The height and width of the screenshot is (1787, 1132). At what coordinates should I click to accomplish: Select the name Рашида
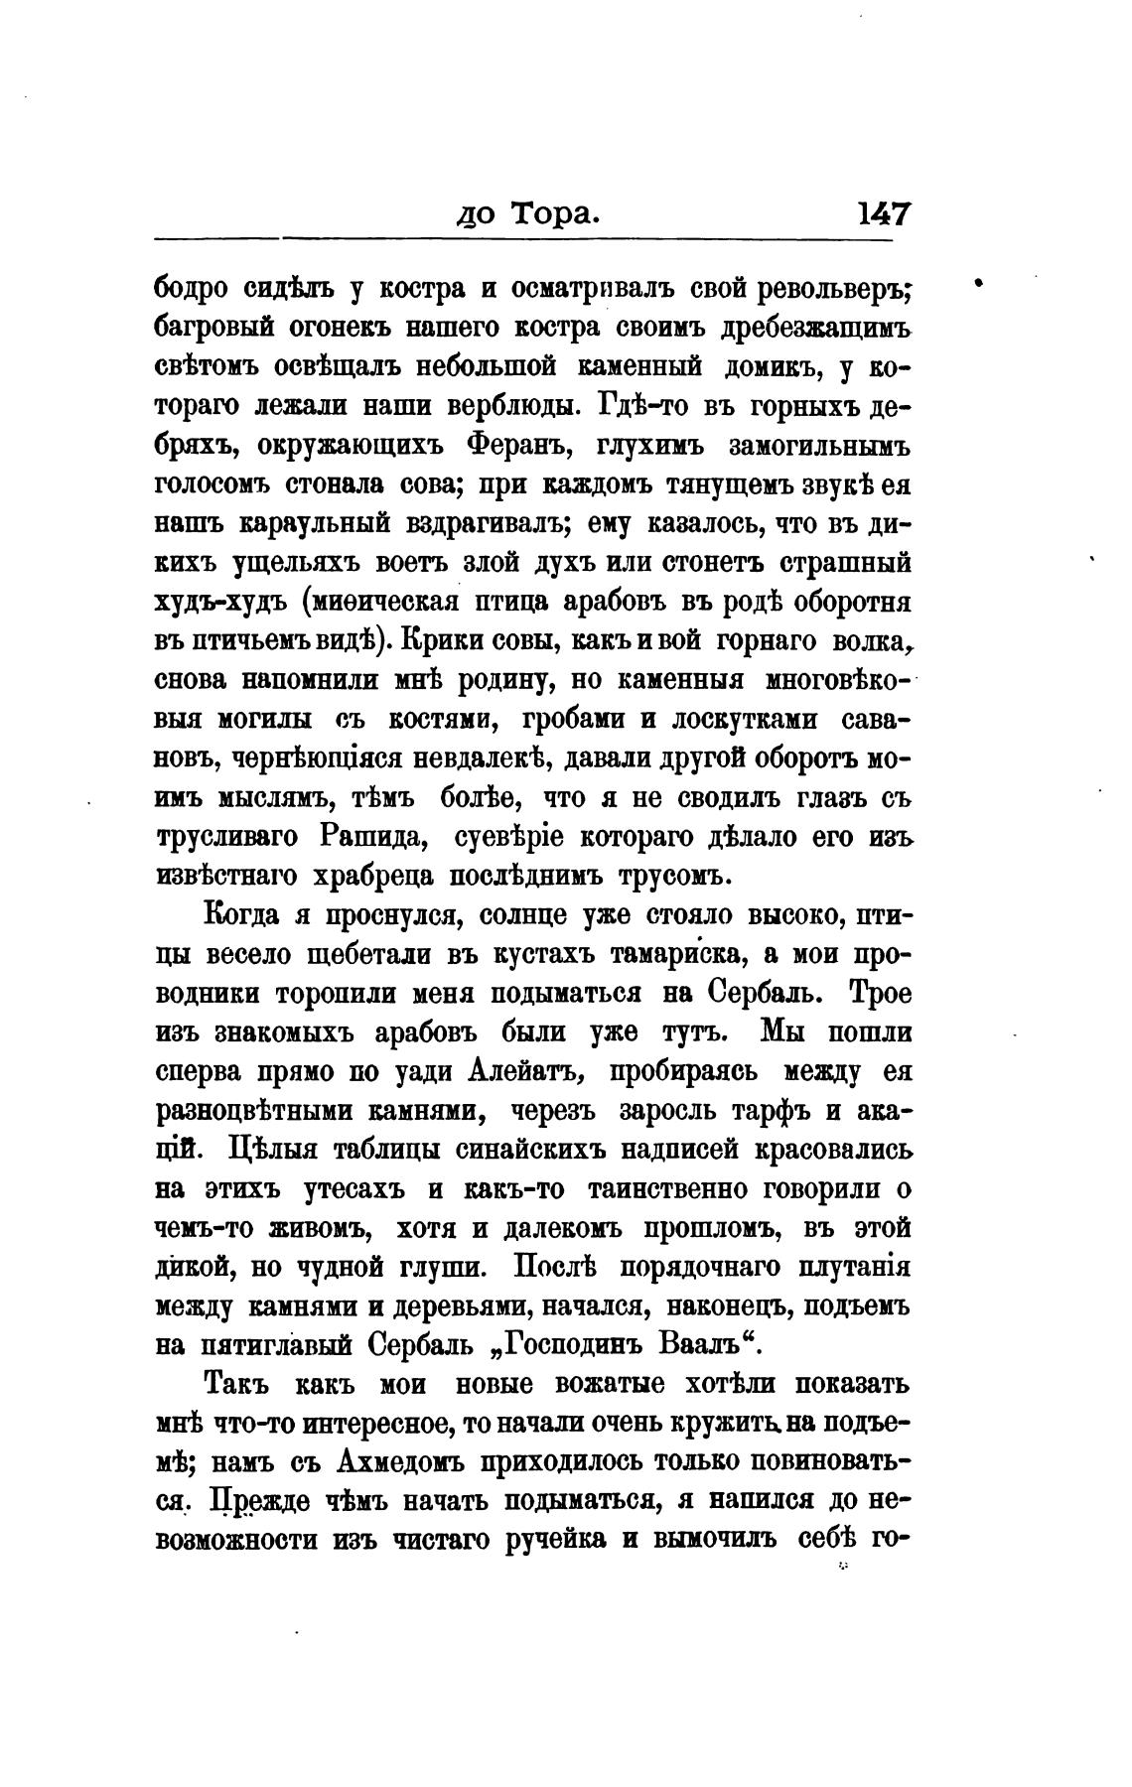tap(375, 837)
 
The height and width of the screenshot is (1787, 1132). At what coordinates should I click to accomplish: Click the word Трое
tap(874, 994)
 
